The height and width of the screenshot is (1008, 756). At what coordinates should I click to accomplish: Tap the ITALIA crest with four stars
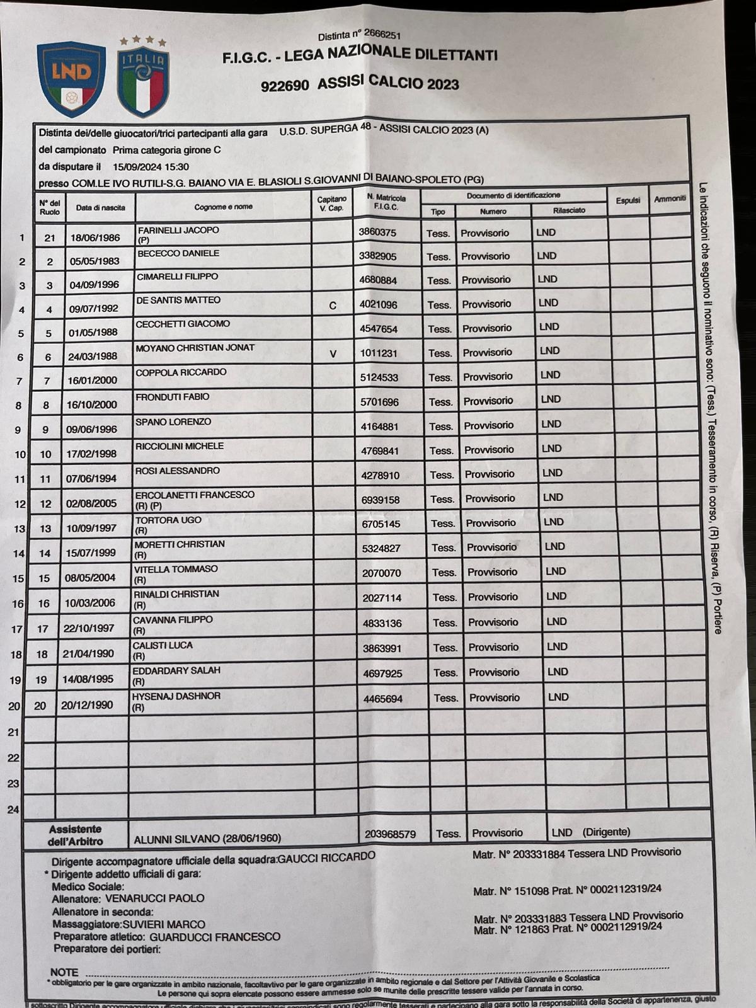(143, 79)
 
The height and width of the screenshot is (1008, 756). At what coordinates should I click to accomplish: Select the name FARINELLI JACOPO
(178, 230)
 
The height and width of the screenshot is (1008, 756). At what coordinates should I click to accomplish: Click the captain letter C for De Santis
(333, 306)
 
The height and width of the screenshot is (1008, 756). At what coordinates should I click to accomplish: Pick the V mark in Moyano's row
(333, 354)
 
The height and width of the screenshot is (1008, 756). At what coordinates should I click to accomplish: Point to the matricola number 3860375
(377, 232)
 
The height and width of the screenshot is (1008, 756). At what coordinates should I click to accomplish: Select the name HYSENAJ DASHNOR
(176, 696)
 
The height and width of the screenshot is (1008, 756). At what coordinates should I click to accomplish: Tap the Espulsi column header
(627, 200)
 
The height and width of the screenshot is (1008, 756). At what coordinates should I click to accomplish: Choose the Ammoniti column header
(669, 198)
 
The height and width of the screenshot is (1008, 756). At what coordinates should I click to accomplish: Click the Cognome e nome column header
(223, 207)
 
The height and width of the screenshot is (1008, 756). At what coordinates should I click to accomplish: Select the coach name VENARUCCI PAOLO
(154, 898)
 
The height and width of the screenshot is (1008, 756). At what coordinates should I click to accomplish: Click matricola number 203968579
(390, 834)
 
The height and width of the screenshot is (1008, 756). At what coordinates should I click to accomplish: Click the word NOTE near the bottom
(64, 972)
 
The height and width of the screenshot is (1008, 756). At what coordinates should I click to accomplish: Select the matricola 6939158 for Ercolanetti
(381, 500)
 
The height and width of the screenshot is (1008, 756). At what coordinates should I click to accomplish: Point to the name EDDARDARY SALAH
(176, 670)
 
